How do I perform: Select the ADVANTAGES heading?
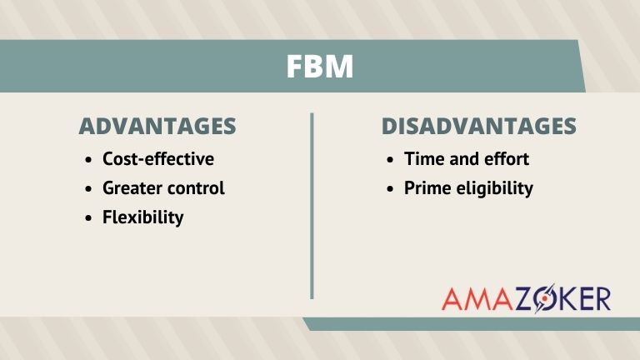(157, 127)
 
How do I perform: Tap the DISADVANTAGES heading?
(478, 127)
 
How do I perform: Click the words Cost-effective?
(158, 158)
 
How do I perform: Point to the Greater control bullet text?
(163, 187)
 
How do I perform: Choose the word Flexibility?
(142, 217)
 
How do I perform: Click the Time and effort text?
(467, 158)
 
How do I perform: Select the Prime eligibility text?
(468, 187)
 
